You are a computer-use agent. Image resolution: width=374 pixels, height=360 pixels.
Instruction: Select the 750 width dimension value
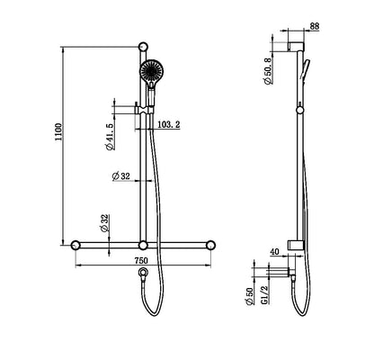click(141, 261)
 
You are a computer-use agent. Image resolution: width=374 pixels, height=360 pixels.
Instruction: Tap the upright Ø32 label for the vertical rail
click(123, 176)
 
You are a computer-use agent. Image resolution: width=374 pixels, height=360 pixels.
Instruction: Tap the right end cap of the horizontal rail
click(212, 245)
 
